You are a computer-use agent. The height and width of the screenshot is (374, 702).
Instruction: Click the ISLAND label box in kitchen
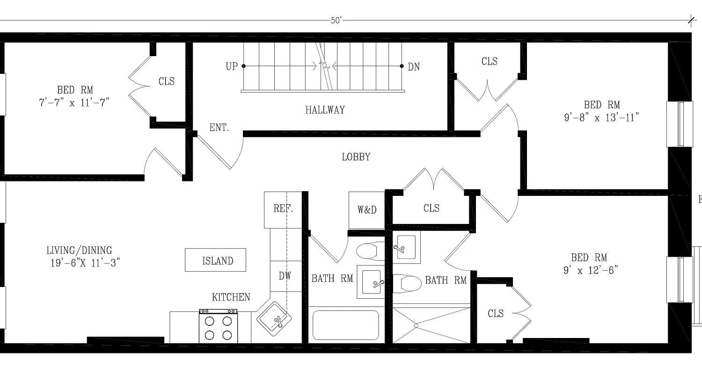click(x=215, y=260)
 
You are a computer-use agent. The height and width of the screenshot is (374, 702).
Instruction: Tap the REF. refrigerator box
click(x=283, y=209)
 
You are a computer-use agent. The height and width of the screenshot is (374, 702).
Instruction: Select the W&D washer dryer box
click(x=366, y=210)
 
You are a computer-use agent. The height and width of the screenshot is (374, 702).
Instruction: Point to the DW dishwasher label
click(x=285, y=276)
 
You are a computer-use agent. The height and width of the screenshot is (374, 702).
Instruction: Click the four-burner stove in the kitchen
click(x=217, y=326)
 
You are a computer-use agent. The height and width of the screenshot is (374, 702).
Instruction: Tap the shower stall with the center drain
click(x=431, y=325)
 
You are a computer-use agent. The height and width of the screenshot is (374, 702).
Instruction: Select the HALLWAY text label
click(x=325, y=110)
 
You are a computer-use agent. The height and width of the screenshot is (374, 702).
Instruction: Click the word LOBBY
click(x=356, y=157)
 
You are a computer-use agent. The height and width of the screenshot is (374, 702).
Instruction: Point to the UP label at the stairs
click(x=231, y=67)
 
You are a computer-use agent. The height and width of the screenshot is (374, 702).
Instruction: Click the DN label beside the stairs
click(x=414, y=67)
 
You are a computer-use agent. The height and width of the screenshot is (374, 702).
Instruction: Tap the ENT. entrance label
click(x=219, y=127)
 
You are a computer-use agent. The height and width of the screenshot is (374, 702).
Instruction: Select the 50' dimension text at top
click(x=336, y=21)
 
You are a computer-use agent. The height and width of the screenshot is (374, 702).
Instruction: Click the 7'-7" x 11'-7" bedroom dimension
click(x=75, y=102)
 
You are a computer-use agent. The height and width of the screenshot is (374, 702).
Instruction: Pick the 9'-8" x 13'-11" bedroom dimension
click(x=601, y=117)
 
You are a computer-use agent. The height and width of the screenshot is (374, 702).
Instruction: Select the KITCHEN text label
click(x=231, y=297)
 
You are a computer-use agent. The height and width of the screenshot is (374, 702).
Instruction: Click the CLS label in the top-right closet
click(x=489, y=62)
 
